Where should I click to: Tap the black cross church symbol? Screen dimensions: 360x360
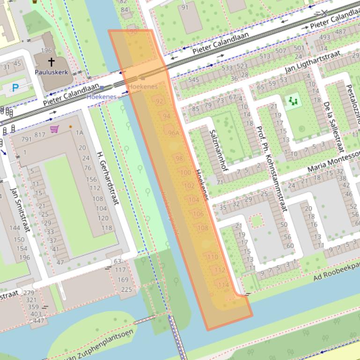pyautogui.click(x=51, y=61)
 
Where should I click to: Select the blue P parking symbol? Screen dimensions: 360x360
pyautogui.click(x=15, y=87)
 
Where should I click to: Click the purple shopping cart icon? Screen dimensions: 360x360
pyautogui.click(x=55, y=129)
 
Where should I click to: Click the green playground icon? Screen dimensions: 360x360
pyautogui.click(x=294, y=100)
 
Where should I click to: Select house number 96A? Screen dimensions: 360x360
pyautogui.click(x=174, y=133)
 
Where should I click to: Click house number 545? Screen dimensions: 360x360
pyautogui.click(x=194, y=79)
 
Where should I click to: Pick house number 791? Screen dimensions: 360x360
pyautogui.click(x=26, y=139)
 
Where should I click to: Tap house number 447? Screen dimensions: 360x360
pyautogui.click(x=38, y=320)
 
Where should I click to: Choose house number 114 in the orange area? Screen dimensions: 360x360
pyautogui.click(x=223, y=285)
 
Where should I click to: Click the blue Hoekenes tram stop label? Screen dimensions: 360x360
pyautogui.click(x=101, y=97)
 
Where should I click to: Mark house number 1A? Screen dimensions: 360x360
pyautogui.click(x=79, y=132)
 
